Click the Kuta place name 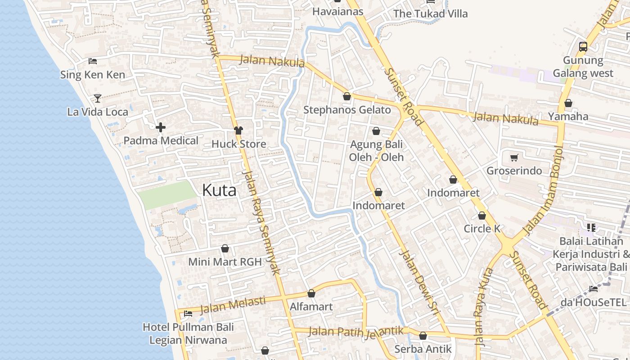pyautogui.click(x=219, y=190)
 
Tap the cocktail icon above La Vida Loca pyautogui.click(x=98, y=98)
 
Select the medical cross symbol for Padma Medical pyautogui.click(x=161, y=127)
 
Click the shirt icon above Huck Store pyautogui.click(x=238, y=130)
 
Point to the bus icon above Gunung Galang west pyautogui.click(x=583, y=46)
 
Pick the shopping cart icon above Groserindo pyautogui.click(x=514, y=157)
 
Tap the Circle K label pyautogui.click(x=482, y=229)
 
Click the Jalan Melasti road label pyautogui.click(x=232, y=305)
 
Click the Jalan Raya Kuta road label pyautogui.click(x=483, y=306)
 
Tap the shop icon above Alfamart pyautogui.click(x=311, y=294)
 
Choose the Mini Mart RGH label pyautogui.click(x=225, y=261)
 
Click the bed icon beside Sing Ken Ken pyautogui.click(x=93, y=61)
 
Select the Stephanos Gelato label pyautogui.click(x=347, y=110)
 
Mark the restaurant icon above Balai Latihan pyautogui.click(x=591, y=228)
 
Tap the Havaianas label pyautogui.click(x=337, y=12)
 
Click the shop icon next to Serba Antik pyautogui.click(x=423, y=336)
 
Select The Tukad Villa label pyautogui.click(x=431, y=13)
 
